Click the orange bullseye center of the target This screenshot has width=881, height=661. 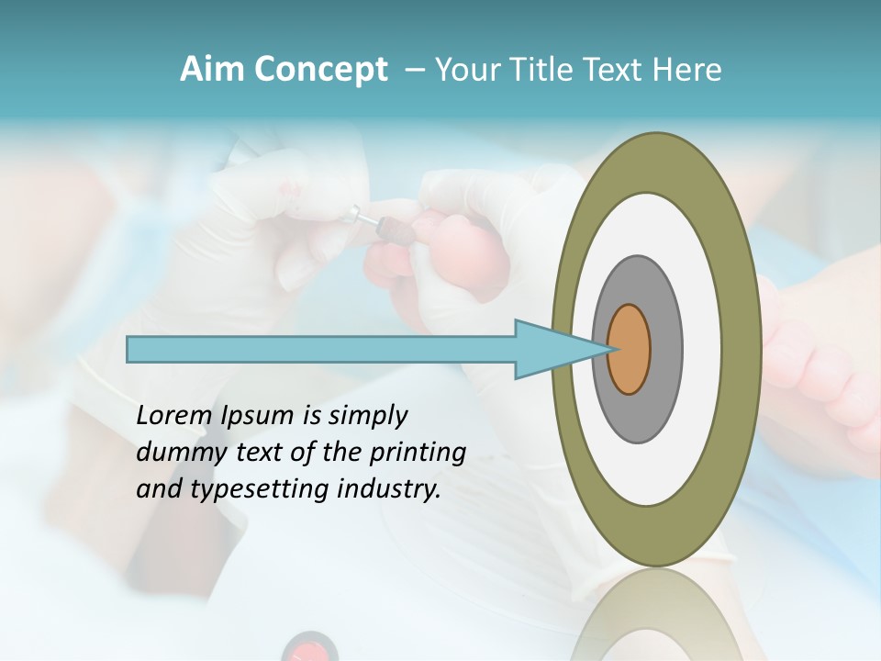(x=629, y=350)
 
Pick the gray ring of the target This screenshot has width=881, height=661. (x=667, y=350)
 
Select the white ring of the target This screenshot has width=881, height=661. (x=702, y=350)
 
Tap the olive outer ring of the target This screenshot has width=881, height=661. (x=742, y=350)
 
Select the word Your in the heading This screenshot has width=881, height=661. (x=464, y=70)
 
